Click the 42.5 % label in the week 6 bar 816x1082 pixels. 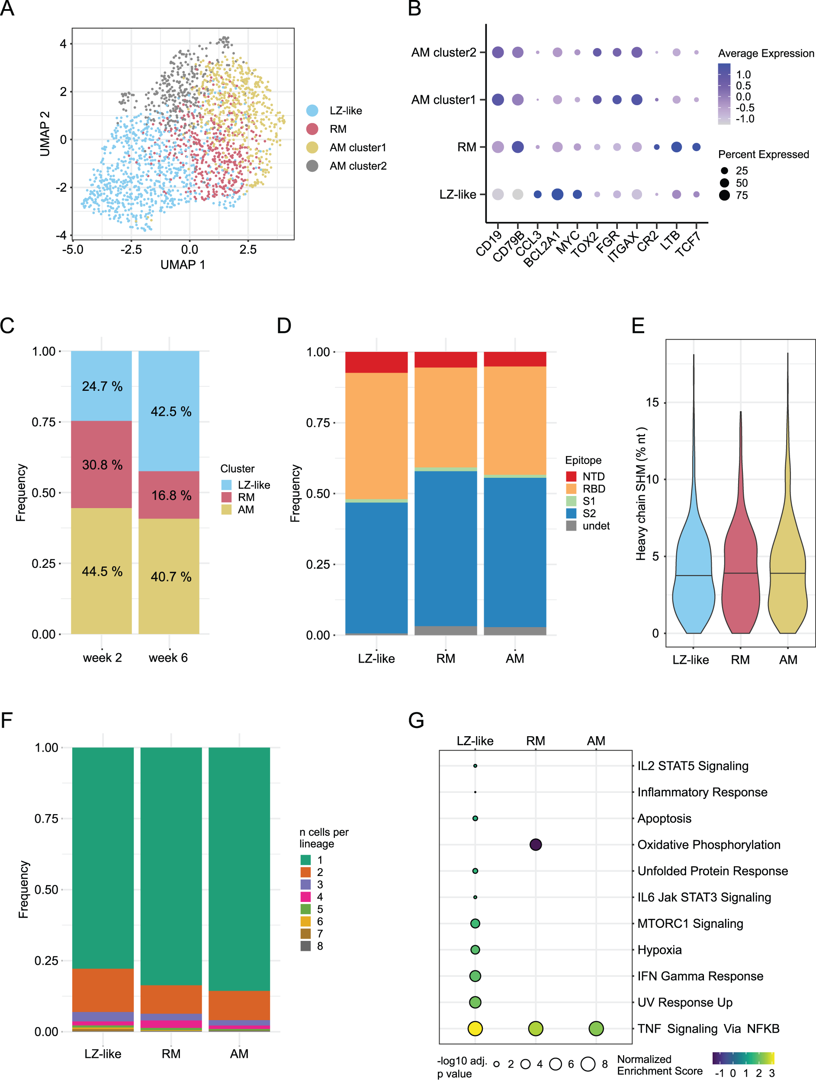click(x=170, y=411)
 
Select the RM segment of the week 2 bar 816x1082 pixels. click(x=101, y=464)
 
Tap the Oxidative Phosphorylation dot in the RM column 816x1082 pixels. click(x=535, y=844)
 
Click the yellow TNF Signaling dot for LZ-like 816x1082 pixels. click(x=475, y=1028)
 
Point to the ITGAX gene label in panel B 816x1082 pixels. click(x=623, y=247)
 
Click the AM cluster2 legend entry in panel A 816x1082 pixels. click(x=357, y=166)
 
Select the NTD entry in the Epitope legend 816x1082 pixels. click(x=593, y=477)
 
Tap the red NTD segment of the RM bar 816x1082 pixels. click(x=445, y=360)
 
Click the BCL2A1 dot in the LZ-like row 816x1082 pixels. click(x=557, y=194)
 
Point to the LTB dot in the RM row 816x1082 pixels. click(x=676, y=147)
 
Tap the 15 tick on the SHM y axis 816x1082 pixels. click(x=652, y=403)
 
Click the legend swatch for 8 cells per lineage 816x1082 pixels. click(x=305, y=946)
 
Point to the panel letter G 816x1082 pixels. click(x=416, y=720)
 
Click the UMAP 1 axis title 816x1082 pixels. click(x=183, y=264)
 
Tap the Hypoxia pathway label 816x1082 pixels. click(x=659, y=950)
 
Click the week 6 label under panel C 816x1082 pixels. click(x=168, y=658)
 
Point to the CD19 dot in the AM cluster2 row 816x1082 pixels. click(x=498, y=52)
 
